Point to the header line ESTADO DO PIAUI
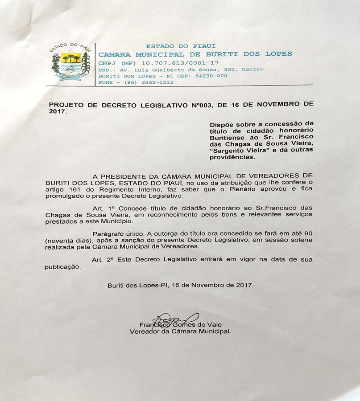(181, 46)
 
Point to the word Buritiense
(228, 136)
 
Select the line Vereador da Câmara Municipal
(180, 332)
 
